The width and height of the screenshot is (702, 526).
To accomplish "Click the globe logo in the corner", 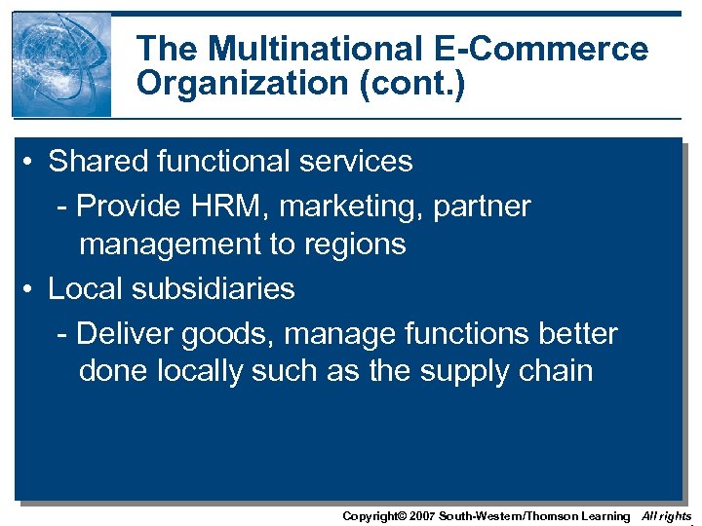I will (61, 64).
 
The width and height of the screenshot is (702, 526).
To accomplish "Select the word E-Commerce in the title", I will (556, 49).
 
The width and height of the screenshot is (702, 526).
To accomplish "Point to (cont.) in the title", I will (412, 84).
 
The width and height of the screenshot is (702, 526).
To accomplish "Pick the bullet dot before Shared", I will (32, 162).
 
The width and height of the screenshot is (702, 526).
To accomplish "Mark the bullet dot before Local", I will (32, 289).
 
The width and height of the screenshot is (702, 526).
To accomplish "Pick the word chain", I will (557, 371).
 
